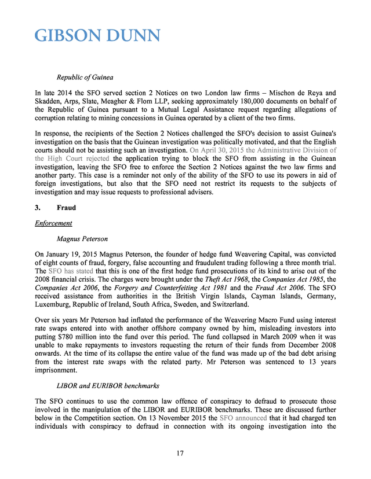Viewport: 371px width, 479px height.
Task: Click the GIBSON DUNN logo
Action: pos(97,35)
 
